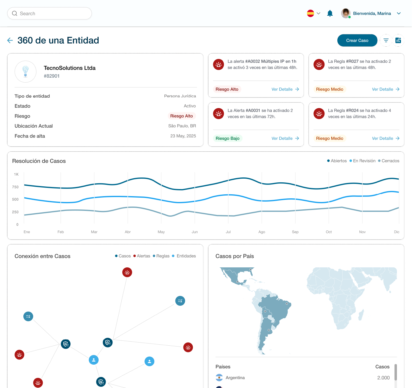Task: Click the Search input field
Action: pyautogui.click(x=49, y=14)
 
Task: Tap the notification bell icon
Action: pyautogui.click(x=330, y=13)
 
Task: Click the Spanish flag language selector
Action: pyautogui.click(x=311, y=13)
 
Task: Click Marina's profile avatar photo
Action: pyautogui.click(x=346, y=13)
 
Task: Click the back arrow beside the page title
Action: pyautogui.click(x=10, y=41)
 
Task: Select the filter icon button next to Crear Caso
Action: pyautogui.click(x=386, y=41)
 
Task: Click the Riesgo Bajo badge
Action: pyautogui.click(x=227, y=138)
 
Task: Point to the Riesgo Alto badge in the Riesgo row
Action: pyautogui.click(x=181, y=116)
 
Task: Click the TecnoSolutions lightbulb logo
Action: pyautogui.click(x=26, y=72)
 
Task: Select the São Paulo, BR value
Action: pyautogui.click(x=182, y=126)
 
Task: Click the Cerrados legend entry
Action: pyautogui.click(x=389, y=161)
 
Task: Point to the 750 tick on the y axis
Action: pyautogui.click(x=15, y=187)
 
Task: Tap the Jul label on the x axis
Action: pyautogui.click(x=228, y=232)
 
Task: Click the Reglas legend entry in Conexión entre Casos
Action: pyautogui.click(x=161, y=256)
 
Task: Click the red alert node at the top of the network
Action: pyautogui.click(x=127, y=272)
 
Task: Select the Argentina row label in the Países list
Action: pyautogui.click(x=235, y=378)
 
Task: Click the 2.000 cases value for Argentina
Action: pyautogui.click(x=383, y=378)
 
